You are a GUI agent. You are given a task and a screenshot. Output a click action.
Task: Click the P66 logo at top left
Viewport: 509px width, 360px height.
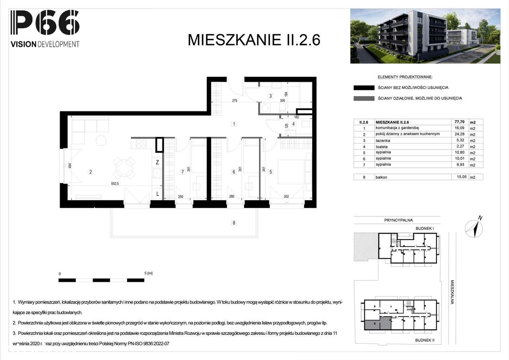click(45, 23)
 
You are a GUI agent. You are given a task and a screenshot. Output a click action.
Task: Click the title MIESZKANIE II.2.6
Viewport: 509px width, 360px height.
click(254, 40)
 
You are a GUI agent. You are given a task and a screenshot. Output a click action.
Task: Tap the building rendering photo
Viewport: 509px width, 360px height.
click(425, 36)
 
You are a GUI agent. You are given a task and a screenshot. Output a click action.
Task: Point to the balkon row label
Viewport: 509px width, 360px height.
click(381, 177)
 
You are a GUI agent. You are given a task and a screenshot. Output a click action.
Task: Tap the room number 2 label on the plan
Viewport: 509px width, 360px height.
click(91, 172)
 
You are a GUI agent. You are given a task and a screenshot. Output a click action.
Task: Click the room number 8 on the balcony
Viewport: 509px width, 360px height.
click(234, 223)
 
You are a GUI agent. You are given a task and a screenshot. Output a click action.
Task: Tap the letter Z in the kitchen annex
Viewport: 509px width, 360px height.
click(157, 162)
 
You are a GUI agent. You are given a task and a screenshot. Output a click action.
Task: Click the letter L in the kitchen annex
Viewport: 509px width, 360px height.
click(157, 194)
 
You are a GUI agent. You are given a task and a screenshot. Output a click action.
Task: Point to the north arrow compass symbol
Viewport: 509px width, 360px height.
click(474, 228)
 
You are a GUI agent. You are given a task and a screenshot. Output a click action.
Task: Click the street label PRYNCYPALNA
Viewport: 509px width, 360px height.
click(398, 220)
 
